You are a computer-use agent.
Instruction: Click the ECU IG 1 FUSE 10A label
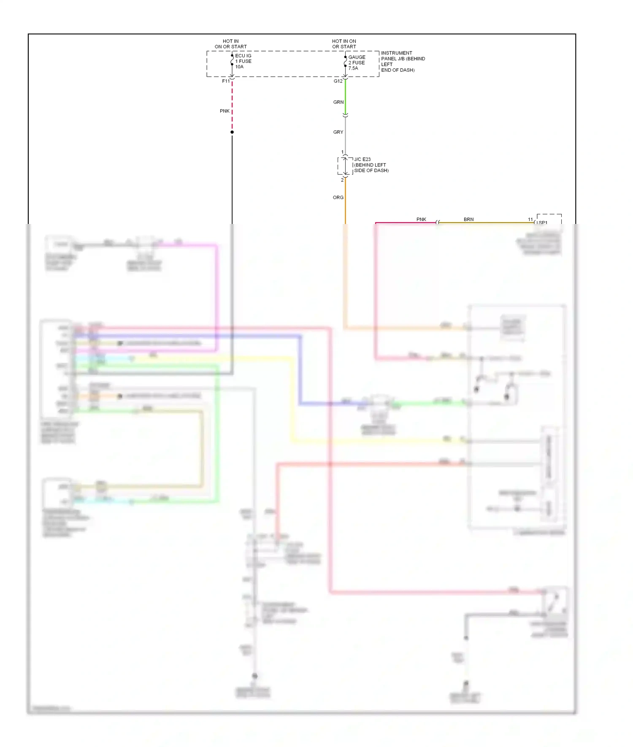[243, 61]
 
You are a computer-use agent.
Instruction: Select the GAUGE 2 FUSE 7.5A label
[357, 62]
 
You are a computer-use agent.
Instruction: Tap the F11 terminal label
[226, 81]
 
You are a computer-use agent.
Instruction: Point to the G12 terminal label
[338, 81]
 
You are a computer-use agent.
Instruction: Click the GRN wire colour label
[338, 102]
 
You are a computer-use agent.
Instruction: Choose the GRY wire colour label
[338, 132]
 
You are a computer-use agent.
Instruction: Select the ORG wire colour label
[338, 197]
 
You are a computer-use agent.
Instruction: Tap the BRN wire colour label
[468, 219]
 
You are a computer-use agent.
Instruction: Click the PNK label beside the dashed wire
[225, 111]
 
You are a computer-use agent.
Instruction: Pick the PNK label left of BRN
[421, 219]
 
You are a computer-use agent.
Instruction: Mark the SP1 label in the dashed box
[543, 223]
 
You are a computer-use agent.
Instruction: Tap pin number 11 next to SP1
[530, 219]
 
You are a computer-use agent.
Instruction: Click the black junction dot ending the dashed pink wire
[232, 132]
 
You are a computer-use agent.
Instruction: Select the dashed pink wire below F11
[232, 105]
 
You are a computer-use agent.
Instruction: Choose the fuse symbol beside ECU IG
[232, 62]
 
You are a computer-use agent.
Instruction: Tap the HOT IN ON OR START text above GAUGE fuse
[344, 44]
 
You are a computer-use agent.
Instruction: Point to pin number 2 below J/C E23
[342, 180]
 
